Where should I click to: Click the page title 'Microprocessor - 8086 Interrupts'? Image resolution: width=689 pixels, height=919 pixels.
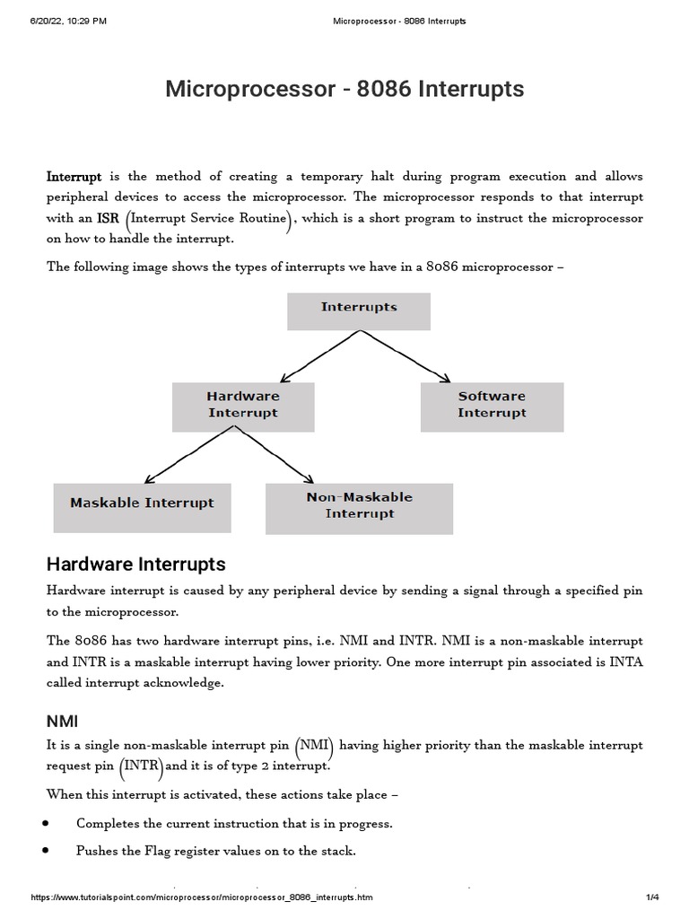pyautogui.click(x=344, y=90)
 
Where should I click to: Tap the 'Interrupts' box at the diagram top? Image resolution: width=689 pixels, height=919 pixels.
pyautogui.click(x=358, y=311)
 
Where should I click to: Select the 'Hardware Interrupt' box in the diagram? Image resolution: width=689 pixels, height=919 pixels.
pyautogui.click(x=243, y=406)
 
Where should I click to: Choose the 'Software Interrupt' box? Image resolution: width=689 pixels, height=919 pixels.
pyautogui.click(x=492, y=406)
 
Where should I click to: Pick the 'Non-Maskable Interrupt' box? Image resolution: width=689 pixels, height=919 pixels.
pyautogui.click(x=359, y=508)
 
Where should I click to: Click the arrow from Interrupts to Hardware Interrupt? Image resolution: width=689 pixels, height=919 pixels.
pyautogui.click(x=318, y=354)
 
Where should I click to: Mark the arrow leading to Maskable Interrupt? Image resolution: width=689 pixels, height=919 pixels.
pyautogui.click(x=188, y=455)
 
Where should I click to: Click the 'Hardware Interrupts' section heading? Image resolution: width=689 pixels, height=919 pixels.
pyautogui.click(x=135, y=565)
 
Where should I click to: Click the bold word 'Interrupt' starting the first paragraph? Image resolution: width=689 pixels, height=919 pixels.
pyautogui.click(x=74, y=177)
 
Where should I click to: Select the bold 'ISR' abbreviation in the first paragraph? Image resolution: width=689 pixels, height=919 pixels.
pyautogui.click(x=109, y=219)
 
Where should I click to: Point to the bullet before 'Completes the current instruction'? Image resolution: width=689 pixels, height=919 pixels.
pyautogui.click(x=46, y=823)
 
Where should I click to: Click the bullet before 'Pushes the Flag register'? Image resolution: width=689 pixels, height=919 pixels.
pyautogui.click(x=46, y=851)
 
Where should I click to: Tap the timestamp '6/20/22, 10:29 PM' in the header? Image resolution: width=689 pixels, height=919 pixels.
pyautogui.click(x=68, y=21)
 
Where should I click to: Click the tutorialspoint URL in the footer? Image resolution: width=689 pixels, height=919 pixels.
pyautogui.click(x=202, y=897)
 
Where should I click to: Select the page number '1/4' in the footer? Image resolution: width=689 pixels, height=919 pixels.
pyautogui.click(x=651, y=897)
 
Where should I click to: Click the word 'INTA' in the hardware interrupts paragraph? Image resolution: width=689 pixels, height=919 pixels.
pyautogui.click(x=625, y=662)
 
